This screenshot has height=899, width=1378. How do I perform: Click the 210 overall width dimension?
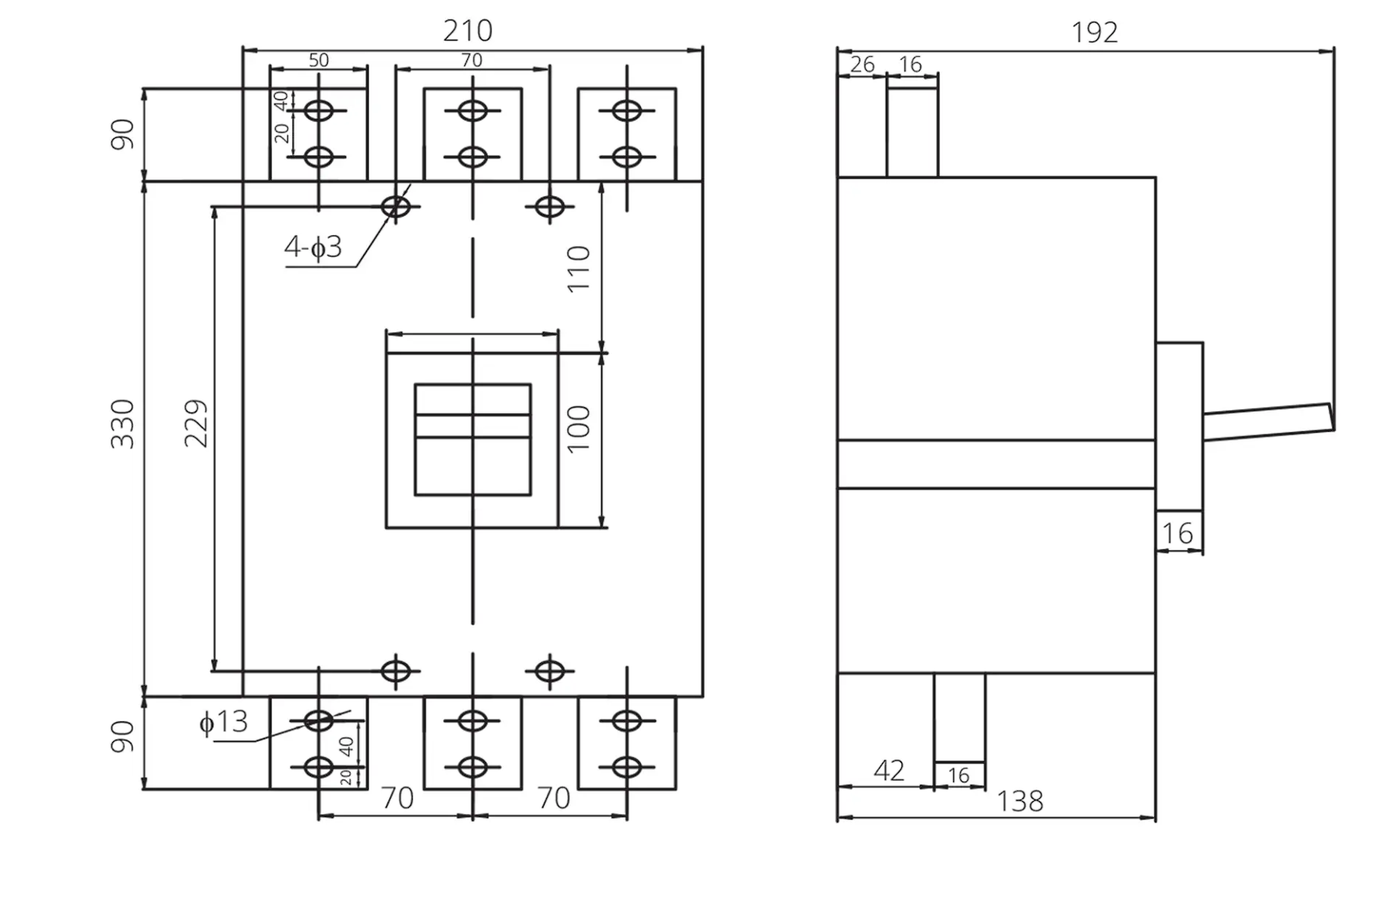pos(468,31)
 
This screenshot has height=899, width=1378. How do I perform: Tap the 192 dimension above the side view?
pos(1094,33)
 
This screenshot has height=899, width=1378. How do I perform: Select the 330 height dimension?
pos(123,423)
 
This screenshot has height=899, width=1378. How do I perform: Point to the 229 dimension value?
pos(196,423)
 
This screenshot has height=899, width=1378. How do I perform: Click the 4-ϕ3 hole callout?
pos(313,247)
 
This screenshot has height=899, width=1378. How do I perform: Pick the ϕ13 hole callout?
pos(223,721)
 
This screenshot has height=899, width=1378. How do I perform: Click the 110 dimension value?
pos(579,269)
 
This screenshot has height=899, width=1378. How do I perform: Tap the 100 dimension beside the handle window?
pos(579,429)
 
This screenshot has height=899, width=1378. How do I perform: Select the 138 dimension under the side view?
pos(1020,801)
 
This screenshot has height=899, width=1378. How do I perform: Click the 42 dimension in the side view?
pos(889,771)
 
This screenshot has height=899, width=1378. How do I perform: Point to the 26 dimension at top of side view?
pos(862,64)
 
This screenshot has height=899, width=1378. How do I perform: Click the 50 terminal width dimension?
pos(319,60)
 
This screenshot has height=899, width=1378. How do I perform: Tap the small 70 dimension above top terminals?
pos(472,60)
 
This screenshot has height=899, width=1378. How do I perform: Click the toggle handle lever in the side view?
pos(1268,422)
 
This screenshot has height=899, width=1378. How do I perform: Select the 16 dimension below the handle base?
pos(1178,534)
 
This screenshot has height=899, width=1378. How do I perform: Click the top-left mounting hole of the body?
pos(396,206)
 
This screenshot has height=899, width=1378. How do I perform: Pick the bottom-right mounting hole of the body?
pos(550,671)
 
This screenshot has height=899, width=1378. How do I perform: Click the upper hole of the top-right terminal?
pos(626,111)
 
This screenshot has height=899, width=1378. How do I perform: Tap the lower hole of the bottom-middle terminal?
pos(472,768)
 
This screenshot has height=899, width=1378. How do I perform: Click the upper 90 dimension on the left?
pos(123,134)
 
